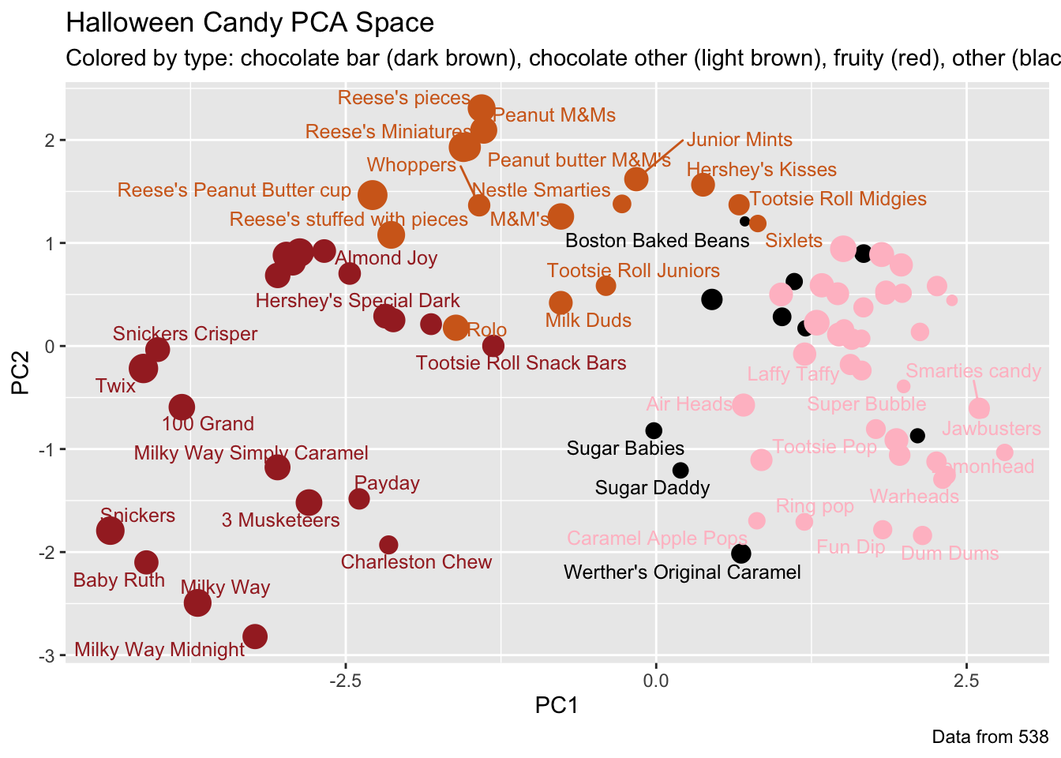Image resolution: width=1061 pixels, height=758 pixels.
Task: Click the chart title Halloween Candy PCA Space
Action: (249, 22)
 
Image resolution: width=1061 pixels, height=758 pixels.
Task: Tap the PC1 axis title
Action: (557, 705)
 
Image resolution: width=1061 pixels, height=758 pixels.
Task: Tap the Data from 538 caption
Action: (990, 737)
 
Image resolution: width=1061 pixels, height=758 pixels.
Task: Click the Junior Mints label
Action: (739, 141)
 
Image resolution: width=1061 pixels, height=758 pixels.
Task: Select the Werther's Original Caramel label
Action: (682, 572)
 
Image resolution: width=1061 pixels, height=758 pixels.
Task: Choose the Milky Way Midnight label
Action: (159, 651)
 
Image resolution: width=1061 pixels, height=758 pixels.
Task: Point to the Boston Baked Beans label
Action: (658, 241)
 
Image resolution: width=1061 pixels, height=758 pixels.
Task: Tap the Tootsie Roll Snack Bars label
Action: (521, 363)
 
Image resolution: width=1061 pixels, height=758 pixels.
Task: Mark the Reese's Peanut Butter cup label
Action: (234, 190)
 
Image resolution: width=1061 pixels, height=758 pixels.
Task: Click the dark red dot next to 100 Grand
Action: (182, 407)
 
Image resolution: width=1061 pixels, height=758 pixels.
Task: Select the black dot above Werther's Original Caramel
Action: (740, 553)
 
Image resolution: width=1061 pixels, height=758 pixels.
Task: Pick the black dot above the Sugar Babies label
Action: (654, 430)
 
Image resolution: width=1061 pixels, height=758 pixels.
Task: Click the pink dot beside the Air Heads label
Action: (743, 405)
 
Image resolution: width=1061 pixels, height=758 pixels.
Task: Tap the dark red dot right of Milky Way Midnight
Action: (254, 636)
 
